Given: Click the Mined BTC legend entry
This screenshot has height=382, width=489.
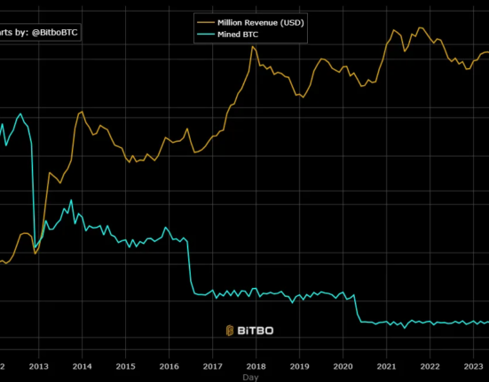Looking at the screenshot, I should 241,35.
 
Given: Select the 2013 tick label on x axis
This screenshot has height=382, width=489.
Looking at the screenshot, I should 38,365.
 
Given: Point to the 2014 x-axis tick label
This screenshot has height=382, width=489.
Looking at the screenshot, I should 82,365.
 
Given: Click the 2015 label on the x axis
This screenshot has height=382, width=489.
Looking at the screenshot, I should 125,365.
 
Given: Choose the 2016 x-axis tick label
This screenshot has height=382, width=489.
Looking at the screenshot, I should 169,365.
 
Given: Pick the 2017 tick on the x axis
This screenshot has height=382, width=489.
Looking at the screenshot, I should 212,365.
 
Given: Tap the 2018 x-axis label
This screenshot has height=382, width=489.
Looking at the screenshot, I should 256,365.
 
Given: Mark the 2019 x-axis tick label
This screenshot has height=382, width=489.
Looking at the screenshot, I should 299,365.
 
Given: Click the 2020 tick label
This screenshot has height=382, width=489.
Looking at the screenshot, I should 343,365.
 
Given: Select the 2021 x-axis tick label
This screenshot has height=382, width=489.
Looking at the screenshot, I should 386,365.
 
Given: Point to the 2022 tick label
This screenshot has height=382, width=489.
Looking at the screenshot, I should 430,365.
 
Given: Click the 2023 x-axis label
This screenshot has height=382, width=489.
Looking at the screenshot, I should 473,365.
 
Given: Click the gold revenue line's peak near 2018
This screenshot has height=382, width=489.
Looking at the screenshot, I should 253,46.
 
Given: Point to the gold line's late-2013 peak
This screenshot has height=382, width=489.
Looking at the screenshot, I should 81,112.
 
